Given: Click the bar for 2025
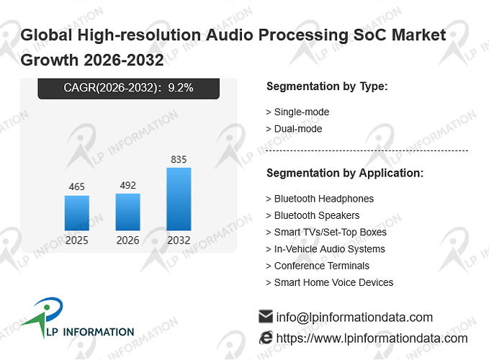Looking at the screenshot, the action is coord(77,213).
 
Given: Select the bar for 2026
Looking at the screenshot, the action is coord(128,212).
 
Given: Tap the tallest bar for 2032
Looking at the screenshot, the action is coord(179,199).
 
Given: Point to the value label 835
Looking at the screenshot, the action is coord(179,160).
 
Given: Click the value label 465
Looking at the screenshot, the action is coord(77,186).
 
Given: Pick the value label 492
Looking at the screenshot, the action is coord(128,186).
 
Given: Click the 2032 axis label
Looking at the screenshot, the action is coord(179,240).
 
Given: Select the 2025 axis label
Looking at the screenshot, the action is coord(77,240).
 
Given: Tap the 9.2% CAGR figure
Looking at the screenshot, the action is coord(181,88).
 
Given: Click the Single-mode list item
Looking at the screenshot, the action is coord(298,112).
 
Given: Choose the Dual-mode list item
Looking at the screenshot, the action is coord(294,129).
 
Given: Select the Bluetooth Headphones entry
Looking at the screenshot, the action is coord(320,199).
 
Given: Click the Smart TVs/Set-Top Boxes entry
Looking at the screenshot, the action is coord(326,233).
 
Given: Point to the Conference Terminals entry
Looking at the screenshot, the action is coord(318,266).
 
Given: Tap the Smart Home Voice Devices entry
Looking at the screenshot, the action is coord(330,282).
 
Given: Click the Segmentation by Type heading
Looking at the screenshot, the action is coord(327,86).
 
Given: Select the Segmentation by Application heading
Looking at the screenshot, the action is coord(345,173).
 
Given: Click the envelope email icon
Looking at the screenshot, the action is coord(266,316).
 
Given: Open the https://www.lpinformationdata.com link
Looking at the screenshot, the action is coord(372,338).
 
